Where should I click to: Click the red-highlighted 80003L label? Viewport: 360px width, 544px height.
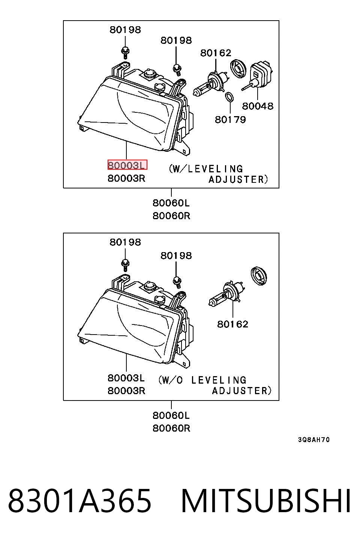pos(127,165)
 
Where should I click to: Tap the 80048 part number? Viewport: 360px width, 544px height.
pos(258,106)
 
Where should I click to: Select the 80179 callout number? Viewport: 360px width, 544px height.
pos(231,120)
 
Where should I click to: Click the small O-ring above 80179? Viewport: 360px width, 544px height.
pos(229,97)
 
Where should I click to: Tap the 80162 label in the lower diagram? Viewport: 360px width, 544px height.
pos(232,324)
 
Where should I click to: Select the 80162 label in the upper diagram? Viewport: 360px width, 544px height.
pos(216,53)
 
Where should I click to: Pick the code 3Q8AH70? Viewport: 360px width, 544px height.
pos(314,439)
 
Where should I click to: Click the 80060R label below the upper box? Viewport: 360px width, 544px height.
pos(171,216)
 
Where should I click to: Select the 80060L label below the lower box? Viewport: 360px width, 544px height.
pos(171,415)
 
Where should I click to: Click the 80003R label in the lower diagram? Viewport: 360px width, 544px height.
pos(126,391)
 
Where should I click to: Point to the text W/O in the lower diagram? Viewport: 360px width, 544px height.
pos(171,380)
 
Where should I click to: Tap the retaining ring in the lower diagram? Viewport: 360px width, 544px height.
pos(259,276)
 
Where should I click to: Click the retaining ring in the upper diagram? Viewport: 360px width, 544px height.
pos(238,69)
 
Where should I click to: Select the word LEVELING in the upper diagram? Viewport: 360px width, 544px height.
pos(215,169)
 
